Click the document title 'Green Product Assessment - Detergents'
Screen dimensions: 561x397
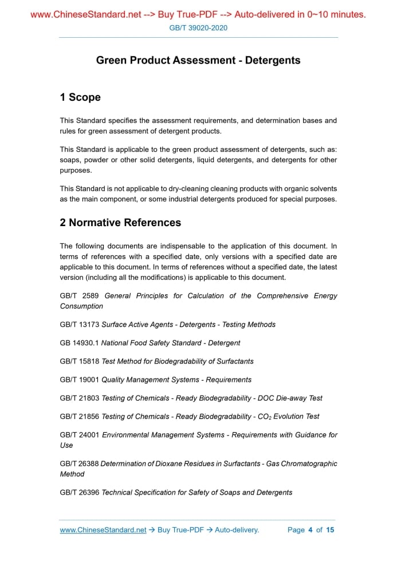pos(198,60)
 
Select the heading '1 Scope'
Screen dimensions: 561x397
pos(80,97)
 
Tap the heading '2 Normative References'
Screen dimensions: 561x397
pos(120,223)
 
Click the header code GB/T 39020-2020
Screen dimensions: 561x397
pos(198,27)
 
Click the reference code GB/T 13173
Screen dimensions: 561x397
pos(80,325)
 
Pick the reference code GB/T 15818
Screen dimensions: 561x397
pos(80,361)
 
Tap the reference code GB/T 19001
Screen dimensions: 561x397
pos(80,380)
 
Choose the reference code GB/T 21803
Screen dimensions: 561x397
pos(80,398)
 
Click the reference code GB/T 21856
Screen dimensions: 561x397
pos(80,416)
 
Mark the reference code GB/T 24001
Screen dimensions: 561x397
pos(80,435)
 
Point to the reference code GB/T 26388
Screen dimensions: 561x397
pos(79,464)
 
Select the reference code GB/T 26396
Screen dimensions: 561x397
pos(80,492)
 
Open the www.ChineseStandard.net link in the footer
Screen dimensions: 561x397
pos(103,530)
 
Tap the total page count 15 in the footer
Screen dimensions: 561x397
pos(330,530)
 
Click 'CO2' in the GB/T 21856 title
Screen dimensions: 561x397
pos(265,416)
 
